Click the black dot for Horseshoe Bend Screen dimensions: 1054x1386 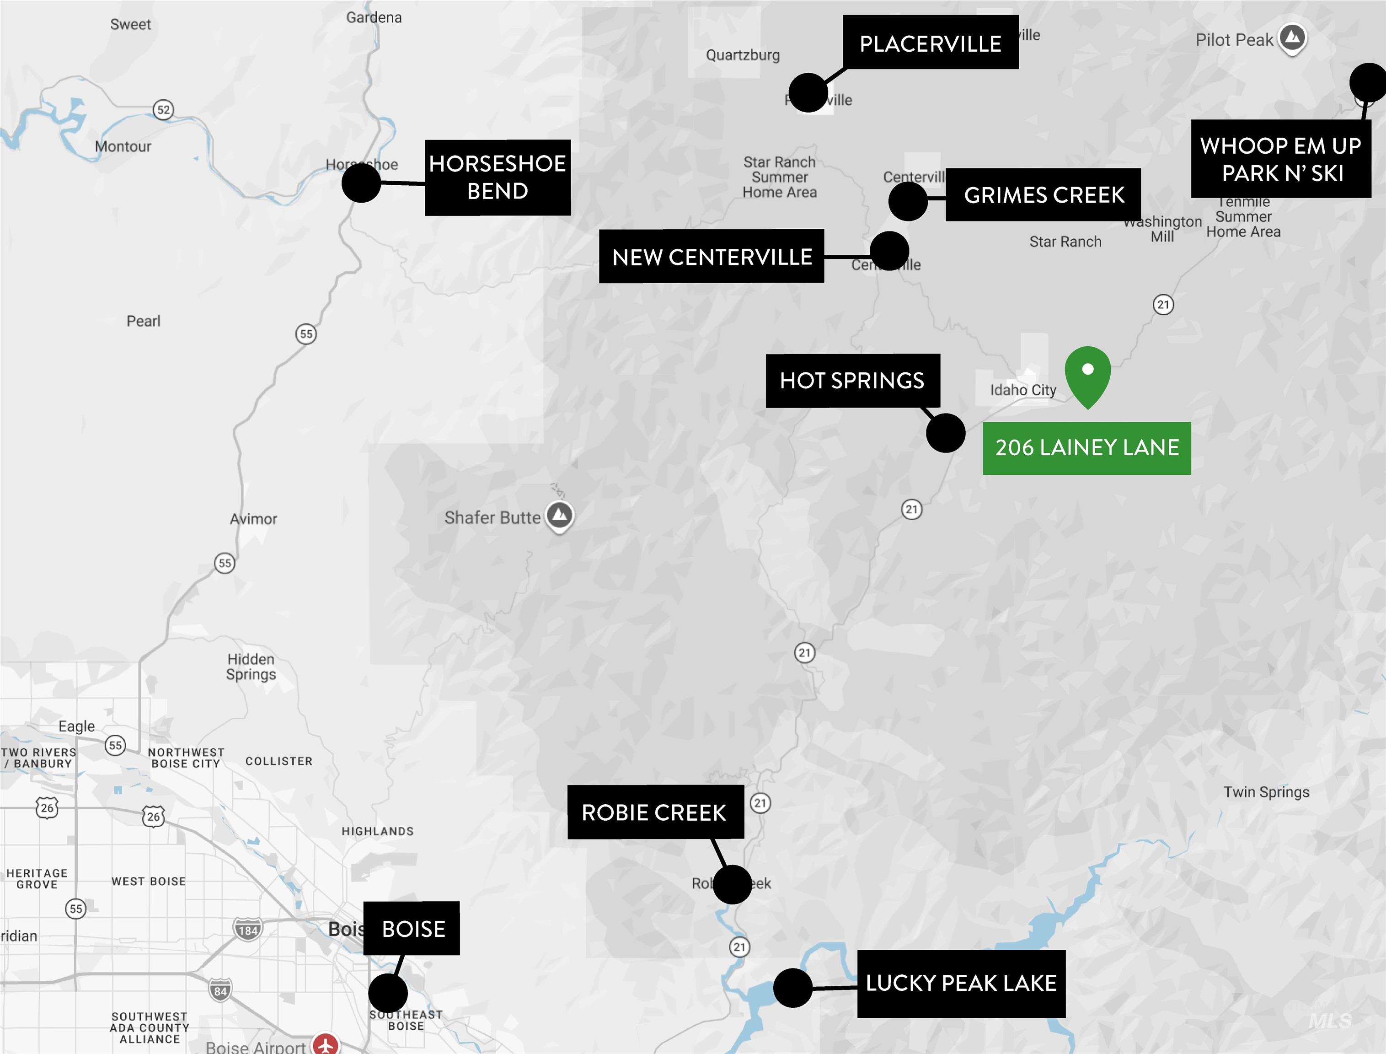[361, 183]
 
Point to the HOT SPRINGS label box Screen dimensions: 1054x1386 [852, 380]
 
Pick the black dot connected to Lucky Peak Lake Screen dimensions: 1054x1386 [793, 988]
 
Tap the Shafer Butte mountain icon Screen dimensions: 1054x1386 [559, 516]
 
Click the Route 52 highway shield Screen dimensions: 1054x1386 [163, 110]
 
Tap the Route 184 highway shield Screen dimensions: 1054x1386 [248, 930]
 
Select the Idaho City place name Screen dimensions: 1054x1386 [1023, 390]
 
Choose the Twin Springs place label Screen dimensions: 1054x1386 [1266, 792]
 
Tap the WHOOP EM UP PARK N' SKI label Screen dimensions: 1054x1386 [1281, 159]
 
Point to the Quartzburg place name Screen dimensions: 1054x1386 [743, 55]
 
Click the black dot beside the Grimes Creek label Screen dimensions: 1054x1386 [908, 201]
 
